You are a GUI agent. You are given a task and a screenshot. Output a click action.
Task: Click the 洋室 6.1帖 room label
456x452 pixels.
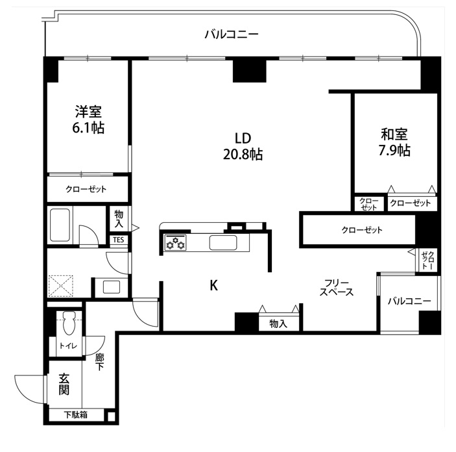tap(88, 119)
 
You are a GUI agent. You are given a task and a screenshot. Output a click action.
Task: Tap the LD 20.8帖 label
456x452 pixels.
tap(243, 146)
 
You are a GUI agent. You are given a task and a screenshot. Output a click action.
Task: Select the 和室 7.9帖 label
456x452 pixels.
tap(394, 142)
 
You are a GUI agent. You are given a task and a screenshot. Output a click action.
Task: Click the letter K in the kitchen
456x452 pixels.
tap(214, 285)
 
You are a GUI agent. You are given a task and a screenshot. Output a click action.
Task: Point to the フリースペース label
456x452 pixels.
tap(336, 288)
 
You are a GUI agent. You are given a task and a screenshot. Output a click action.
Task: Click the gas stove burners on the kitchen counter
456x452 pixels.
tap(175, 243)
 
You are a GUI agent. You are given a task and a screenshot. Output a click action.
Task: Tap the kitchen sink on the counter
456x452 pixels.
tap(223, 243)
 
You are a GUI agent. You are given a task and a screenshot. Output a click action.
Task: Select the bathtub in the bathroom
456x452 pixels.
tap(60, 225)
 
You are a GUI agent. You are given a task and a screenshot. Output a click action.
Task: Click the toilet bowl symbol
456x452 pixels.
tap(69, 323)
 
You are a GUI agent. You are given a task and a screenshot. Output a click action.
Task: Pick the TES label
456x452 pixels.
tap(119, 240)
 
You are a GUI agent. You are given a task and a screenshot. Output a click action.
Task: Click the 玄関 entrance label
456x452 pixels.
tap(64, 384)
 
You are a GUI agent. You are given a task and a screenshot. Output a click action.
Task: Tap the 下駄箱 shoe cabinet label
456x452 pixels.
tap(76, 415)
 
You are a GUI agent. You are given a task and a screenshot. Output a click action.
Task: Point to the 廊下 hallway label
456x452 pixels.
tap(100, 362)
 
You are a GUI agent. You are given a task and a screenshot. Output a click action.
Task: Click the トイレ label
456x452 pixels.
tap(68, 345)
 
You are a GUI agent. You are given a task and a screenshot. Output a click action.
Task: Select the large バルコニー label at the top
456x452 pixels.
tap(232, 34)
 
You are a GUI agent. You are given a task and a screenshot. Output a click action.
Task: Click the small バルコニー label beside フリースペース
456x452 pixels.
tap(409, 301)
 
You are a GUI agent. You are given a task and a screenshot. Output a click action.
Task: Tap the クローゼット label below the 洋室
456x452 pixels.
tap(86, 189)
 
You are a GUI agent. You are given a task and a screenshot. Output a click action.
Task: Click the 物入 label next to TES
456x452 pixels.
tap(119, 219)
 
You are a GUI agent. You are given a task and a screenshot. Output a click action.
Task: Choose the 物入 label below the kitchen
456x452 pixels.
tap(278, 323)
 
